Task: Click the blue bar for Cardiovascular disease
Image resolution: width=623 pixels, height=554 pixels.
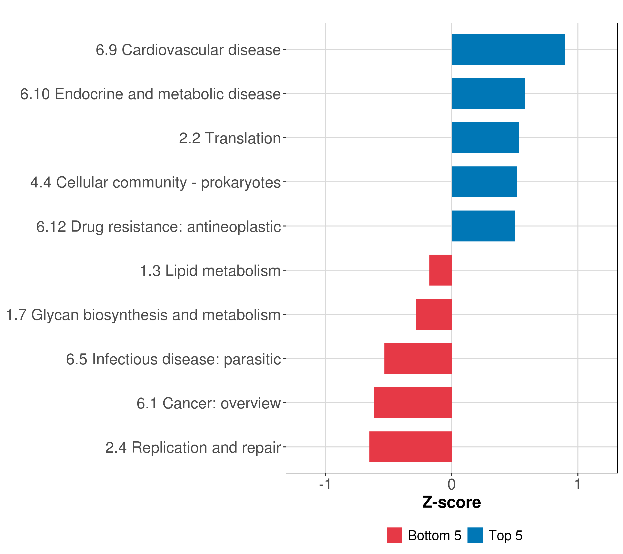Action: [508, 49]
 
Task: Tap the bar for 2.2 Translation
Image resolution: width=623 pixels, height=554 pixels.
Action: [485, 138]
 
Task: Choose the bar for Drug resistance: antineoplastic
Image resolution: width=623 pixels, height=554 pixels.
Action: [483, 226]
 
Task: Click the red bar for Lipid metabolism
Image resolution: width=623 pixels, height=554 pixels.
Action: [440, 270]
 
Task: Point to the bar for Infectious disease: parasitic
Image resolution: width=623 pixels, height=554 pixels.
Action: [418, 358]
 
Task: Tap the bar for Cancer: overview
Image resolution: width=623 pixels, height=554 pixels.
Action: [413, 403]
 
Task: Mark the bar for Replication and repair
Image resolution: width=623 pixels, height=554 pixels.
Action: [410, 447]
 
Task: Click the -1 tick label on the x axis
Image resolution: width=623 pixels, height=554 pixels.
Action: [325, 484]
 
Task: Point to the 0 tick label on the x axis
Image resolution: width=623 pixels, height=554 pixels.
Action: [451, 484]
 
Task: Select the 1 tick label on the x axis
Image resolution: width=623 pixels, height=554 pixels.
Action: [578, 484]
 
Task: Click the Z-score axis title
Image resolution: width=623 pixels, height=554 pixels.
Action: [451, 503]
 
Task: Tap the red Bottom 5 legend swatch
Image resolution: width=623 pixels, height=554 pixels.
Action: [394, 535]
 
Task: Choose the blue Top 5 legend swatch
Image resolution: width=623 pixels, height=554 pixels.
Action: [475, 535]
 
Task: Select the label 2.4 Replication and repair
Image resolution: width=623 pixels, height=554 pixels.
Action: [193, 448]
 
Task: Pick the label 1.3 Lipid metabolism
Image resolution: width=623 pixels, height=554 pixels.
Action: [210, 271]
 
